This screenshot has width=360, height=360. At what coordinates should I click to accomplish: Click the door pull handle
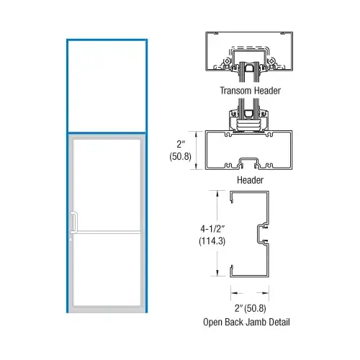[74, 222]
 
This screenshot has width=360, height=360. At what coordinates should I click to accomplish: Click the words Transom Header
[251, 91]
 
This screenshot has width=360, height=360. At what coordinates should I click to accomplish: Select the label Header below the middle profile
[250, 180]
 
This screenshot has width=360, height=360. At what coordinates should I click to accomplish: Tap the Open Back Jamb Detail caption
[246, 322]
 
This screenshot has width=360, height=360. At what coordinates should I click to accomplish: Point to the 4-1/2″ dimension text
[212, 229]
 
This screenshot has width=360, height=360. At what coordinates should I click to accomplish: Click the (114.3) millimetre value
[212, 241]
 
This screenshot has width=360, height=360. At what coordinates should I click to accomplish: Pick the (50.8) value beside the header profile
[181, 156]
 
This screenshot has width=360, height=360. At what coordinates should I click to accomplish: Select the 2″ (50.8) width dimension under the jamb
[251, 308]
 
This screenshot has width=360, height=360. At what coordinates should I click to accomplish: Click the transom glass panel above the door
[107, 86]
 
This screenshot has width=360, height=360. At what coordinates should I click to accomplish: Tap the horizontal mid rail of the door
[107, 233]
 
